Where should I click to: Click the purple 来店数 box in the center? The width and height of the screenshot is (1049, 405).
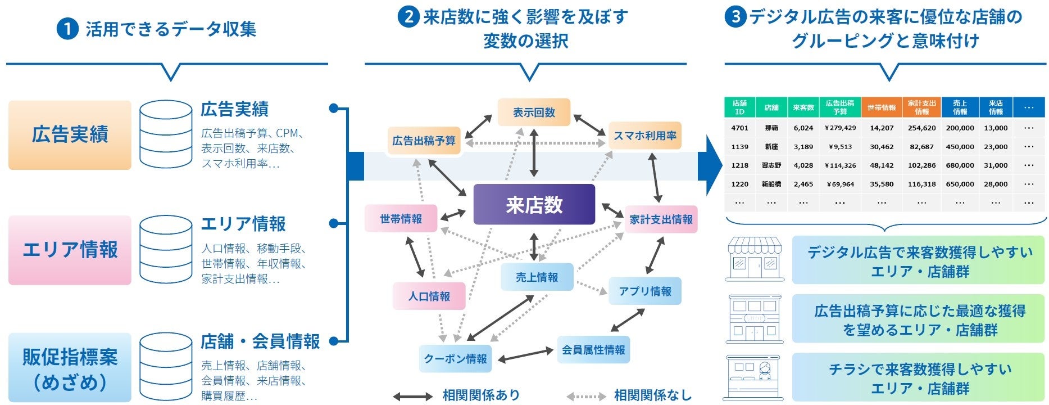point(534,204)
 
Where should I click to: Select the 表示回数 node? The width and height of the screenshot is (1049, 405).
point(534,112)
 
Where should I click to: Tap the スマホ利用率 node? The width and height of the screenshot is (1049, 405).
point(644,136)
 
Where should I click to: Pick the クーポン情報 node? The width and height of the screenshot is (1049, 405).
point(455,358)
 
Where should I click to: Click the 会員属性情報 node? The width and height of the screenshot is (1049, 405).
point(593,350)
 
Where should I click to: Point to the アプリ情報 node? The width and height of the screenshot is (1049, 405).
point(644,291)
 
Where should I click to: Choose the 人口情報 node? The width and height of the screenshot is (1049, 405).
point(429,296)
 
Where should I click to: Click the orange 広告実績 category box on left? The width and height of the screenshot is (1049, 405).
point(70,135)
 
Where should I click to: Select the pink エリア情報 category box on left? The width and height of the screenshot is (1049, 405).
point(70,250)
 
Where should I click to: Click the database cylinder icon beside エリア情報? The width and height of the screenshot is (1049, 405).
point(166,250)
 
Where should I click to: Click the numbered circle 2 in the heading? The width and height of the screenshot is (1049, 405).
point(408,17)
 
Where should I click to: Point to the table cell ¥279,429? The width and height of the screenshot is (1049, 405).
point(840,128)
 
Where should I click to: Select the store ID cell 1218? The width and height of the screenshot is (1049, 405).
point(739,165)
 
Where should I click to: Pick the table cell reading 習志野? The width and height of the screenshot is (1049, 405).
point(771,165)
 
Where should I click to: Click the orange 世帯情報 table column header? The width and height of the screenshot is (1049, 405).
point(881,107)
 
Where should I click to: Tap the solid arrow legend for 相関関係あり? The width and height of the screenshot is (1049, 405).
point(412,397)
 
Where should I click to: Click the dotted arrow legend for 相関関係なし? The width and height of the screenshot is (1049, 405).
point(586,397)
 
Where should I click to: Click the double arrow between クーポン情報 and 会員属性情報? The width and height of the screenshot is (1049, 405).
point(525,355)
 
